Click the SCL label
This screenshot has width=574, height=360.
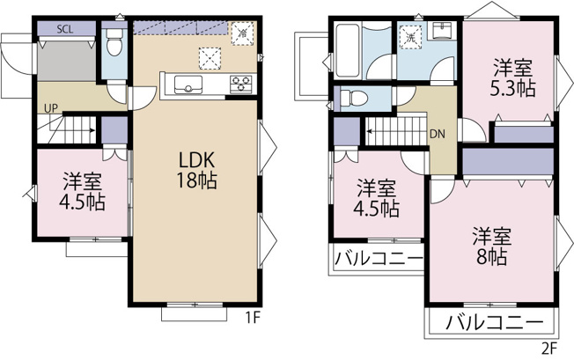(65, 29)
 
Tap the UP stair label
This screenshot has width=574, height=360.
(52, 108)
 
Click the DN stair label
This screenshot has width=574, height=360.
(438, 135)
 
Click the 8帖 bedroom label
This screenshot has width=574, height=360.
(492, 246)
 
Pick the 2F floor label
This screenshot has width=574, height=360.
(550, 348)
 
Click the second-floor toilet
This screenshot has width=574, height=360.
(350, 97)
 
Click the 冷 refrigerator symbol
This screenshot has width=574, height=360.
(240, 31)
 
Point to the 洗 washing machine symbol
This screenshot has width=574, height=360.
(409, 38)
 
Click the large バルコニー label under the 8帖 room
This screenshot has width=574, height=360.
(493, 321)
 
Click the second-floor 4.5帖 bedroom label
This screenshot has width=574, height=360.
(378, 199)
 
